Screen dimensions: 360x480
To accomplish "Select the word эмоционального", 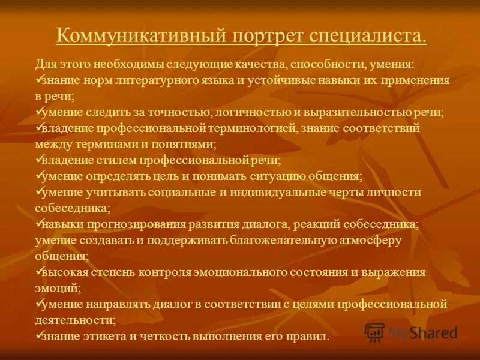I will coord(238,272).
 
